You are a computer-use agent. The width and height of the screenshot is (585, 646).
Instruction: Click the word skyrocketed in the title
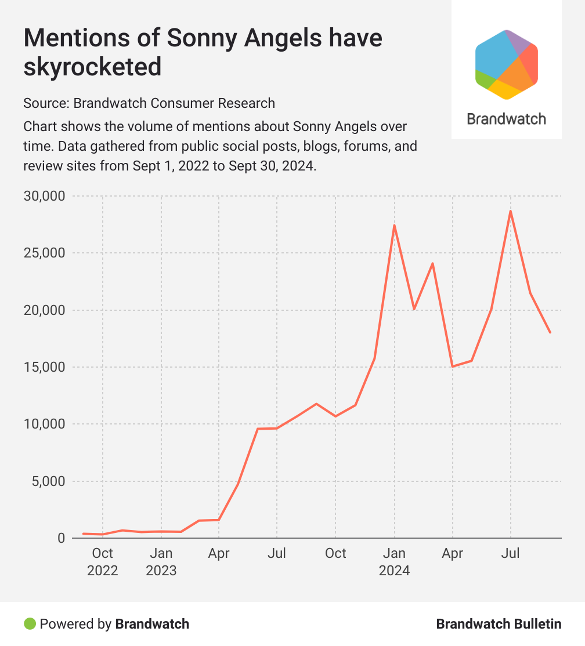[92, 67]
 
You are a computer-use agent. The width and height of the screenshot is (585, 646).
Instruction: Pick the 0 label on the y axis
[61, 538]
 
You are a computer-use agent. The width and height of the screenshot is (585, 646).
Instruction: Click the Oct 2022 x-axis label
[103, 562]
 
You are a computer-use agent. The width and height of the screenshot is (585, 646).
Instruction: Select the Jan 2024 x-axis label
[394, 562]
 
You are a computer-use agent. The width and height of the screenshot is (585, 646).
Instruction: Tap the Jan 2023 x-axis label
[161, 562]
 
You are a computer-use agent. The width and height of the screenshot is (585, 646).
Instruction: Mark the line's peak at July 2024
[511, 211]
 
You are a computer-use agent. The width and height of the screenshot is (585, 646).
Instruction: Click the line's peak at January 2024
[394, 226]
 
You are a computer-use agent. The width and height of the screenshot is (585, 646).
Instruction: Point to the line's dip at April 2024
[452, 366]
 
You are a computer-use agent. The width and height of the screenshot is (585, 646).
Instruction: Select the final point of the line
[550, 332]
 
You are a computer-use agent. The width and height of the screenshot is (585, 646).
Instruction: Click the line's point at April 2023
[219, 520]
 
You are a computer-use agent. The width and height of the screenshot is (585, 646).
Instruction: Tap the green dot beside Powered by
[30, 624]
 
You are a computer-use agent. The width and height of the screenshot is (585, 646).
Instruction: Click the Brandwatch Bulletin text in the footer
[499, 624]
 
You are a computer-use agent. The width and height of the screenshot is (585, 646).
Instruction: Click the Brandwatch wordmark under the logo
[506, 119]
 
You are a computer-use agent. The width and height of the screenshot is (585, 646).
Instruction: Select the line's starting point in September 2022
[84, 534]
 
